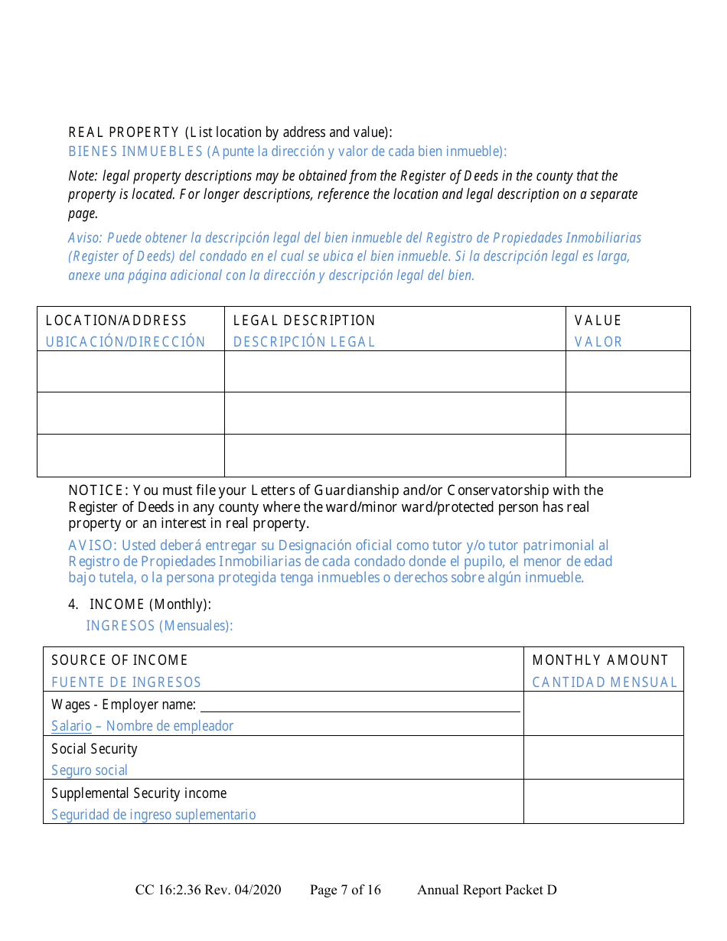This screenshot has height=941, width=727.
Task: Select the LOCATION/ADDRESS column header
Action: click(x=116, y=321)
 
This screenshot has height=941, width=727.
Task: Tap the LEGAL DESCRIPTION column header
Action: click(x=304, y=321)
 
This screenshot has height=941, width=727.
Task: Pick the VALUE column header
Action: click(x=598, y=321)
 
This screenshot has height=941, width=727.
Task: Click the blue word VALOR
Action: click(x=598, y=342)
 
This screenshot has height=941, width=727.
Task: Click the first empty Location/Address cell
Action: click(x=130, y=372)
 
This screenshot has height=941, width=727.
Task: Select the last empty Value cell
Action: click(x=628, y=455)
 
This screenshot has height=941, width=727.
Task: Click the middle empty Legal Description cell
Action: click(x=394, y=413)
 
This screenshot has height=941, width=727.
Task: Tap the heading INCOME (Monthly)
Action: click(x=150, y=604)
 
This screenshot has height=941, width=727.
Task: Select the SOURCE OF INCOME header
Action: click(x=119, y=660)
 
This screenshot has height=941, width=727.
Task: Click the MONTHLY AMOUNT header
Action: click(x=600, y=660)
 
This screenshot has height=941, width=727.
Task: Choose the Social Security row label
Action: click(x=94, y=749)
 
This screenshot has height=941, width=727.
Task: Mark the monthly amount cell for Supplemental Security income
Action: click(x=603, y=802)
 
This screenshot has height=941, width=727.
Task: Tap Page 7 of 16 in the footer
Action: click(x=345, y=890)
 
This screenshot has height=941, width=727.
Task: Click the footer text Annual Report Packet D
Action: click(x=487, y=890)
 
